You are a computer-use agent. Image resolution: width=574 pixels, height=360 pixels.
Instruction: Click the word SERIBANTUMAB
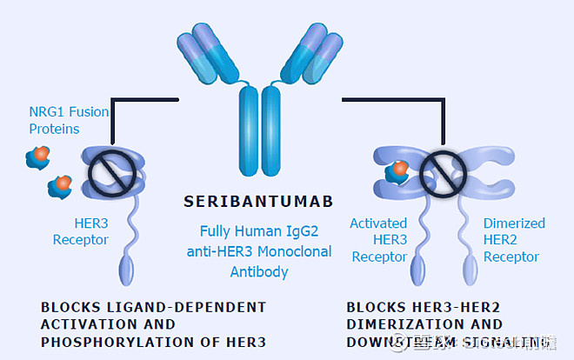259,202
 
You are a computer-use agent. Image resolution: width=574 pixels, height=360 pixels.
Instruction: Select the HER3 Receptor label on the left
80,230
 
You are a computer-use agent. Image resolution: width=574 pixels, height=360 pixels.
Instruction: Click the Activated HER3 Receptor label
378,240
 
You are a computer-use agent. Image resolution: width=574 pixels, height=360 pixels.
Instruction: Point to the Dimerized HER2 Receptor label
513,240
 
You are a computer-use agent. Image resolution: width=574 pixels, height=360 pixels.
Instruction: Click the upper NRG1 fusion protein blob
38,157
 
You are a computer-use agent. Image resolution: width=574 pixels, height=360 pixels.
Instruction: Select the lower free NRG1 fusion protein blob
61,184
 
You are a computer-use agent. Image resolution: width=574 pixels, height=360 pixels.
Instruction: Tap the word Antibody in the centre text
259,271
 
